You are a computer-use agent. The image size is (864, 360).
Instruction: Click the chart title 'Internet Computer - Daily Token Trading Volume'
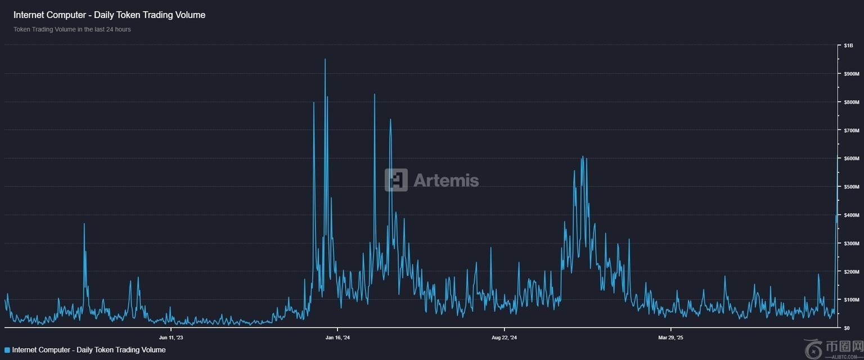coord(109,15)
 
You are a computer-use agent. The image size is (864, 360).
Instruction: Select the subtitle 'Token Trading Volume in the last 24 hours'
coord(72,29)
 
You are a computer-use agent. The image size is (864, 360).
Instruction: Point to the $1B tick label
coord(848,45)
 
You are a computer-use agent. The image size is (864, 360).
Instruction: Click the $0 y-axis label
coord(847,328)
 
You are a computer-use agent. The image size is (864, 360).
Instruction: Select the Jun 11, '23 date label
coord(171,337)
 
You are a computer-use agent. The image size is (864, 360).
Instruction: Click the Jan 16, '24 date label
coord(337,337)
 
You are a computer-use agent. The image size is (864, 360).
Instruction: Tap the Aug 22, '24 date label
coord(504,337)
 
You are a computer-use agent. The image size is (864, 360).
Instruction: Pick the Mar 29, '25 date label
coord(670,337)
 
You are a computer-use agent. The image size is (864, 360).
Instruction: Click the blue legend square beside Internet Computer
coord(7,350)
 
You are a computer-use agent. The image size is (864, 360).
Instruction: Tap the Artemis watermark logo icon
coord(396,180)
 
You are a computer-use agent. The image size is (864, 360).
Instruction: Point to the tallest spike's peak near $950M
coord(325,59)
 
